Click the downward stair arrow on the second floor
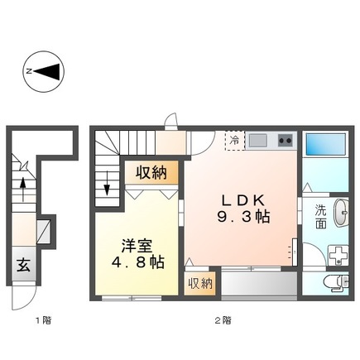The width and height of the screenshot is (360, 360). [107, 190]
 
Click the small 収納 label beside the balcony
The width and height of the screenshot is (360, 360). [199, 283]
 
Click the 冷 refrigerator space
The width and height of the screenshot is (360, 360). [236, 140]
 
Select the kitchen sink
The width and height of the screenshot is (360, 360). [259, 140]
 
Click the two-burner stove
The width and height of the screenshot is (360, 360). [285, 140]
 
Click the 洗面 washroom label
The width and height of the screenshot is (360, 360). [320, 217]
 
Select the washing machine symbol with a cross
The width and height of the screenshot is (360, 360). [338, 255]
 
